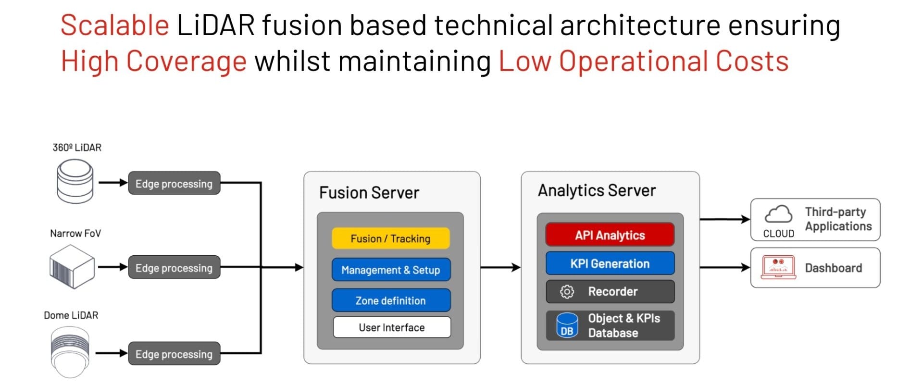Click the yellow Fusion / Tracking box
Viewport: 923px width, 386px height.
[390, 238]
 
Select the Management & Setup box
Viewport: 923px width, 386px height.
[390, 270]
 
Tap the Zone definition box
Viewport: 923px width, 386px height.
[390, 300]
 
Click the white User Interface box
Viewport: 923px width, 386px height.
[391, 327]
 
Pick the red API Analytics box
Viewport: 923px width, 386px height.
[610, 235]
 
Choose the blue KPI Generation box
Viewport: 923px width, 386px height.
[610, 263]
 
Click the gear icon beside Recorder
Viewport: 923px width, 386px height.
[567, 292]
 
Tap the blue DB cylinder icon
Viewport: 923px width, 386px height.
[567, 326]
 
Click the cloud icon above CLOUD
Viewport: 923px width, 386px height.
[778, 214]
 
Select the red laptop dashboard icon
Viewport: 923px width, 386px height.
[778, 268]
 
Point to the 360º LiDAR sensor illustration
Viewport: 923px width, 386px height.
[75, 181]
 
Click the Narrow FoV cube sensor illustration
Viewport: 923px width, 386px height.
[72, 267]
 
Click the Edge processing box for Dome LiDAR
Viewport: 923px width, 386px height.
[174, 354]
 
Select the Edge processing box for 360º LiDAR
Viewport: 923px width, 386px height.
[174, 184]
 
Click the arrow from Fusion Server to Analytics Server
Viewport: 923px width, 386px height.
[500, 267]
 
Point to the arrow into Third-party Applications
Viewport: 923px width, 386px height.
[724, 220]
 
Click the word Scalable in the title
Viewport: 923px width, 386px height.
[114, 25]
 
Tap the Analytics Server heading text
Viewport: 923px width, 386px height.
[596, 191]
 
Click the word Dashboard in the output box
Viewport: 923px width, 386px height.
[833, 268]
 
